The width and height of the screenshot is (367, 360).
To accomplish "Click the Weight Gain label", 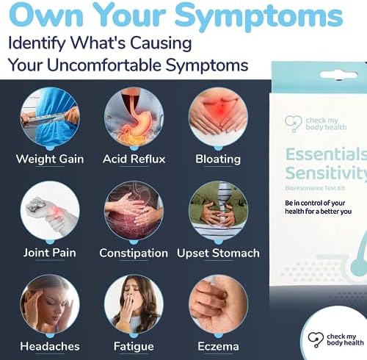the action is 50,159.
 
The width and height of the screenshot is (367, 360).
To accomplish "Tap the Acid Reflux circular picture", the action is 134,118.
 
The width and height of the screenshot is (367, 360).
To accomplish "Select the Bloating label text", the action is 218,159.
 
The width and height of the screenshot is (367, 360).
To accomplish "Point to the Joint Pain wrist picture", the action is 50,211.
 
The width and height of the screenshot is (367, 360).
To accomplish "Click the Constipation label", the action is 134,253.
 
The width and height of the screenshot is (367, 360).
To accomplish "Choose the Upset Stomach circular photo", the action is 218,211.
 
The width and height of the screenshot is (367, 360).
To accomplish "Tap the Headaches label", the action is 50,346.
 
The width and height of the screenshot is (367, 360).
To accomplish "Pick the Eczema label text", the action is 218,346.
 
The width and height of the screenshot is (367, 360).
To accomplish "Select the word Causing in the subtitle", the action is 161,43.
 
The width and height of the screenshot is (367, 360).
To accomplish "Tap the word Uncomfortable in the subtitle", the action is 104,65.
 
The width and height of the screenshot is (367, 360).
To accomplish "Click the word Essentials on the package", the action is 326,154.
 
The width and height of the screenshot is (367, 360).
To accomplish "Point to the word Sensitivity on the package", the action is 326,173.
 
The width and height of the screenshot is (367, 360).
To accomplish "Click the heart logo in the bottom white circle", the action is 316,339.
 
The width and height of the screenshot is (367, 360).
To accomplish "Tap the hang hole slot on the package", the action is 338,75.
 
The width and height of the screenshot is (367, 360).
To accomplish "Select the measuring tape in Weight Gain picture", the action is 50,119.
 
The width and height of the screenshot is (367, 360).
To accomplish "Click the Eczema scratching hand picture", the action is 218,304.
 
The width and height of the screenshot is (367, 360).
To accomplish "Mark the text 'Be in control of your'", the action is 315,203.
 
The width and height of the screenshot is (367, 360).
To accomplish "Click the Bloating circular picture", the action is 218,118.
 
